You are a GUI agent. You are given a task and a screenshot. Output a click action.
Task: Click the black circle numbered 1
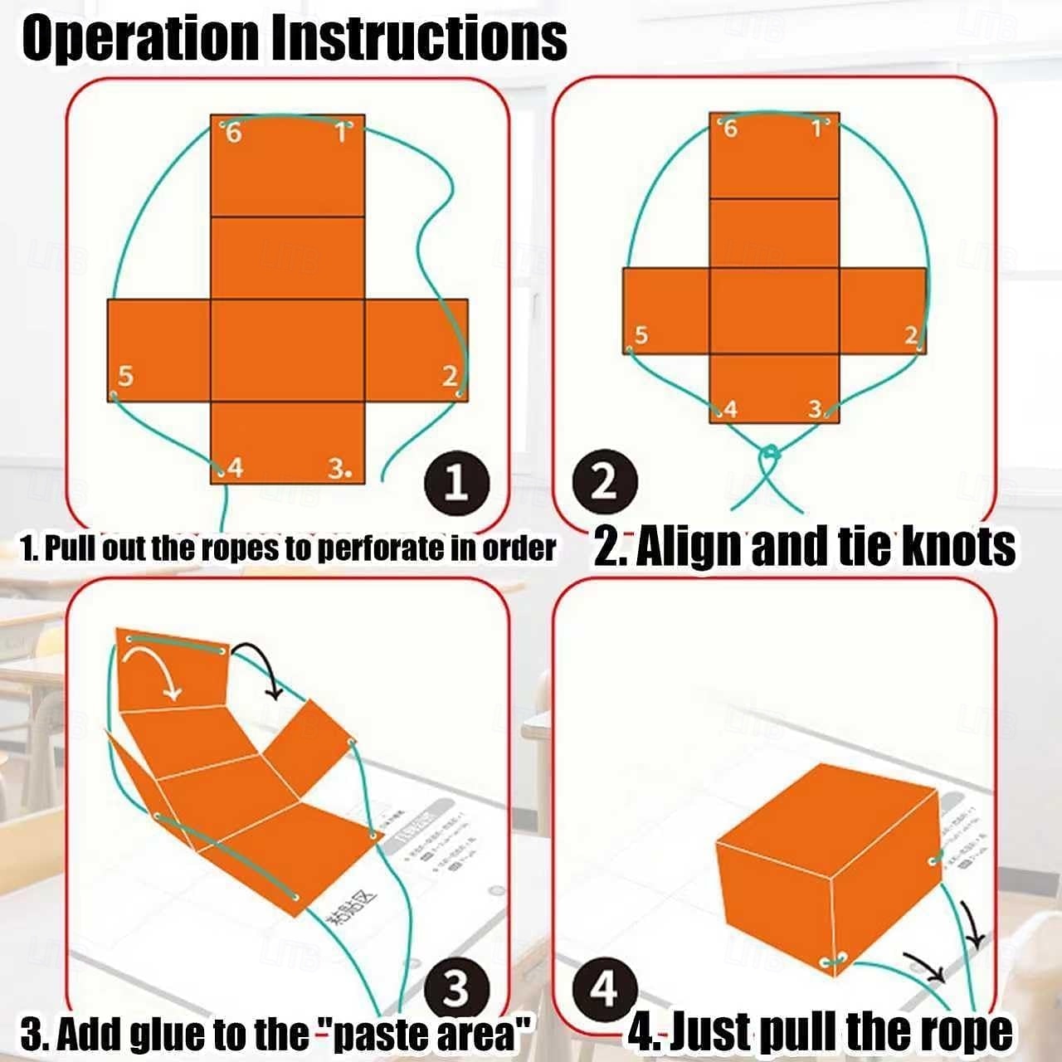coord(455,483)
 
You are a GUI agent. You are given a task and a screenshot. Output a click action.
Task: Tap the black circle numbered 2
coord(606,483)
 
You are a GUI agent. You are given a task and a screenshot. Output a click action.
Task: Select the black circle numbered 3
coord(455,989)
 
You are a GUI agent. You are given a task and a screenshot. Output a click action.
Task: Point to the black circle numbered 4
coord(605,989)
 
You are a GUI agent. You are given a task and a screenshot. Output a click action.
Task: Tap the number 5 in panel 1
coord(125,377)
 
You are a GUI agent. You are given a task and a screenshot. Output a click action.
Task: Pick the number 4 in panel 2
coord(730,409)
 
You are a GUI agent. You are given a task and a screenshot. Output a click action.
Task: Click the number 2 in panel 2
coord(911,335)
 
